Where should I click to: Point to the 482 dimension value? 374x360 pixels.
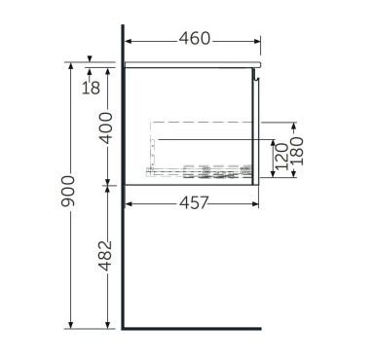(x=107, y=254)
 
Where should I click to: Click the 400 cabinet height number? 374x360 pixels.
(x=107, y=125)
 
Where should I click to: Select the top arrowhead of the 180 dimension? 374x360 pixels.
(x=293, y=124)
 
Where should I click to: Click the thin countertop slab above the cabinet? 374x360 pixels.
(x=195, y=61)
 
